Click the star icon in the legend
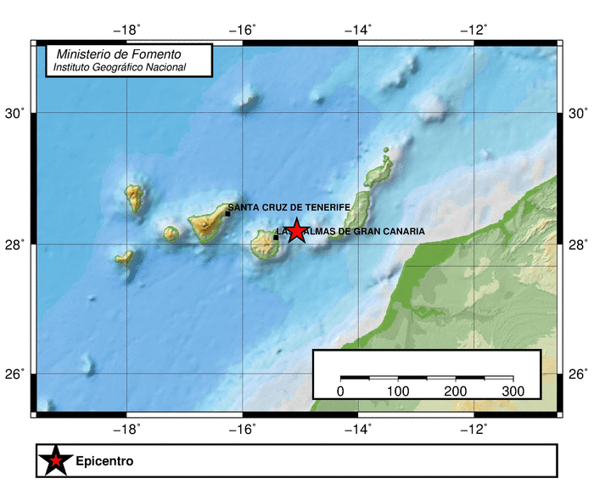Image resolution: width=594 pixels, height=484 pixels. click(x=55, y=461)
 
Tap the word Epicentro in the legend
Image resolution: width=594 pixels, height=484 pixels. click(x=104, y=462)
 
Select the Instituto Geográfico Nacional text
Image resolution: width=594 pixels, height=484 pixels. click(x=119, y=67)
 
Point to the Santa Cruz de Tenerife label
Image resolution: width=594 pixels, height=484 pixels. click(x=283, y=206)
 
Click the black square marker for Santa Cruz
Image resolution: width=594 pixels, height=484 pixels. click(x=227, y=214)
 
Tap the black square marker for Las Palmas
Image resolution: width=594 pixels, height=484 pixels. click(x=276, y=237)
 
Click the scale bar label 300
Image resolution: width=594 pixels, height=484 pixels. click(x=513, y=391)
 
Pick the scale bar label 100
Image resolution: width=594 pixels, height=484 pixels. click(x=398, y=391)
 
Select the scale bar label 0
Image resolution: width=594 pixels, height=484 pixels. click(x=340, y=391)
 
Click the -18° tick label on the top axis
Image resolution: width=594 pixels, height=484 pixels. click(x=127, y=31)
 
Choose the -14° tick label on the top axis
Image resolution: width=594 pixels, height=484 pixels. click(x=358, y=31)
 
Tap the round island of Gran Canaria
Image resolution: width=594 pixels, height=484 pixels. click(x=266, y=247)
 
